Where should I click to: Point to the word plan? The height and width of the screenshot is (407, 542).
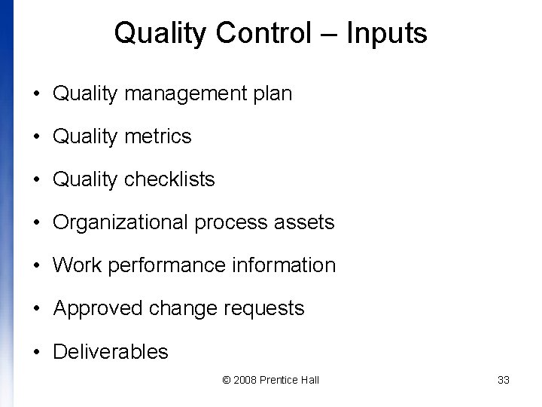click(272, 94)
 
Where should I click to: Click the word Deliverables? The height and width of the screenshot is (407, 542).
click(111, 351)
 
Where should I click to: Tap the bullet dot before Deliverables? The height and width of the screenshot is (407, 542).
click(37, 352)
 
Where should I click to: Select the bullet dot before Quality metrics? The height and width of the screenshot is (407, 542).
click(37, 137)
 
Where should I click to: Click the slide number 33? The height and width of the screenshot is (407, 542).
click(504, 380)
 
